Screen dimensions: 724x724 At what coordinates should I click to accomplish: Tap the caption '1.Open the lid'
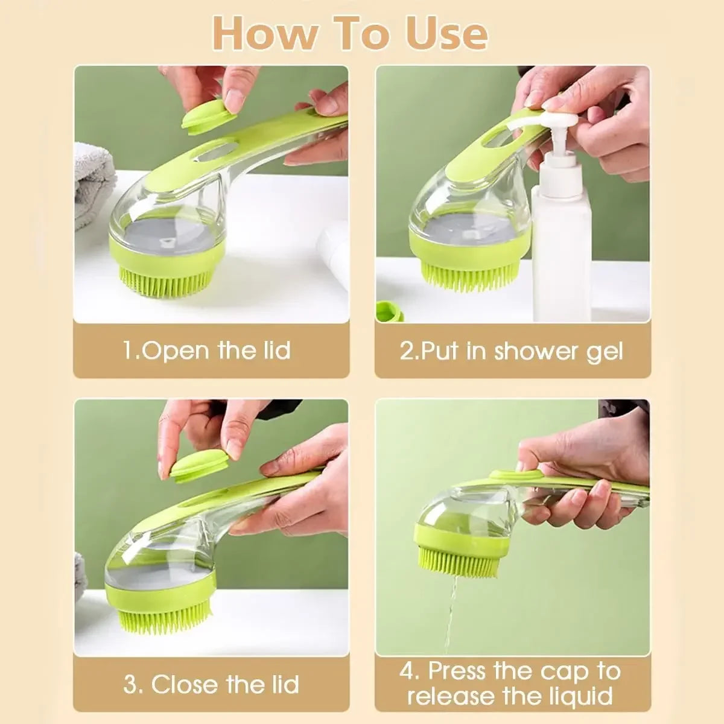click(x=207, y=351)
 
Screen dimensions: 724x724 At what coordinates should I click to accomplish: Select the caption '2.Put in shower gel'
click(x=511, y=351)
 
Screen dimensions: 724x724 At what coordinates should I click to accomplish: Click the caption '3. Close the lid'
click(x=211, y=684)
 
